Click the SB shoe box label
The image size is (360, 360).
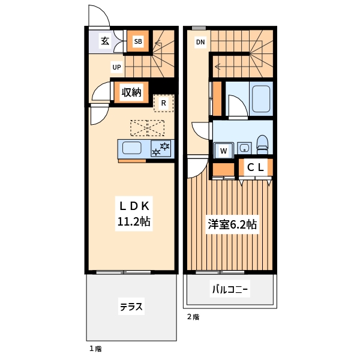coord(138,41)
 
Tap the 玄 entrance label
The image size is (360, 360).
coord(105,41)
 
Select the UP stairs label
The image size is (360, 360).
coord(117,67)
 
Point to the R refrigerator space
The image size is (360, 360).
coord(163,103)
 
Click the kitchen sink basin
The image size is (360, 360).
coord(133,148)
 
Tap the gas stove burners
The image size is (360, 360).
coord(161,148)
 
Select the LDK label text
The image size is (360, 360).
coord(133,204)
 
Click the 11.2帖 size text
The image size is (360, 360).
coord(133,222)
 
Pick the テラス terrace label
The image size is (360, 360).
coord(131,307)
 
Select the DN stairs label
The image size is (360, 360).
coord(200,42)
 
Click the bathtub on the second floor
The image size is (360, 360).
coord(261,99)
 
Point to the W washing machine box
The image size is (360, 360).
coord(223,151)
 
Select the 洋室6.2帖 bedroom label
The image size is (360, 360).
coord(232,225)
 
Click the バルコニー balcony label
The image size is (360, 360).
coord(229,290)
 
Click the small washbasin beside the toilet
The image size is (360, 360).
coord(243,147)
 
